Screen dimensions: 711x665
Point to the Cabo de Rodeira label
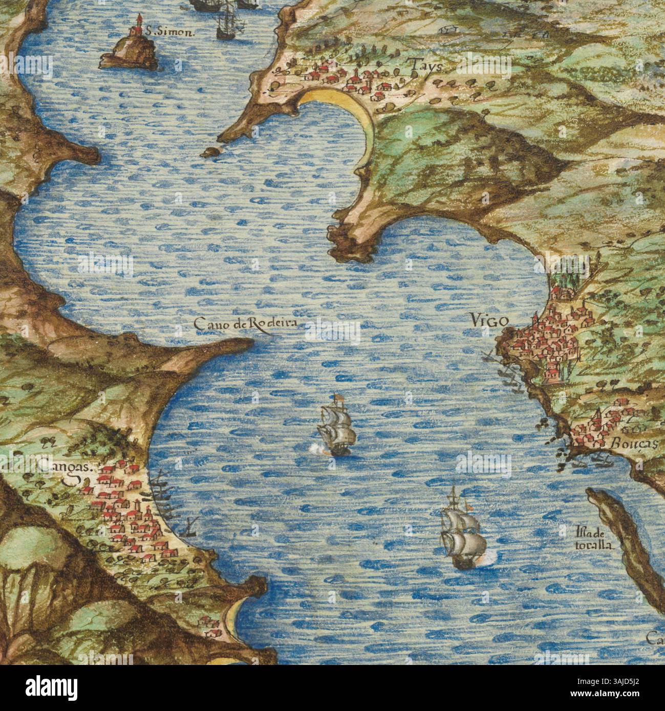pos(245,324)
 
